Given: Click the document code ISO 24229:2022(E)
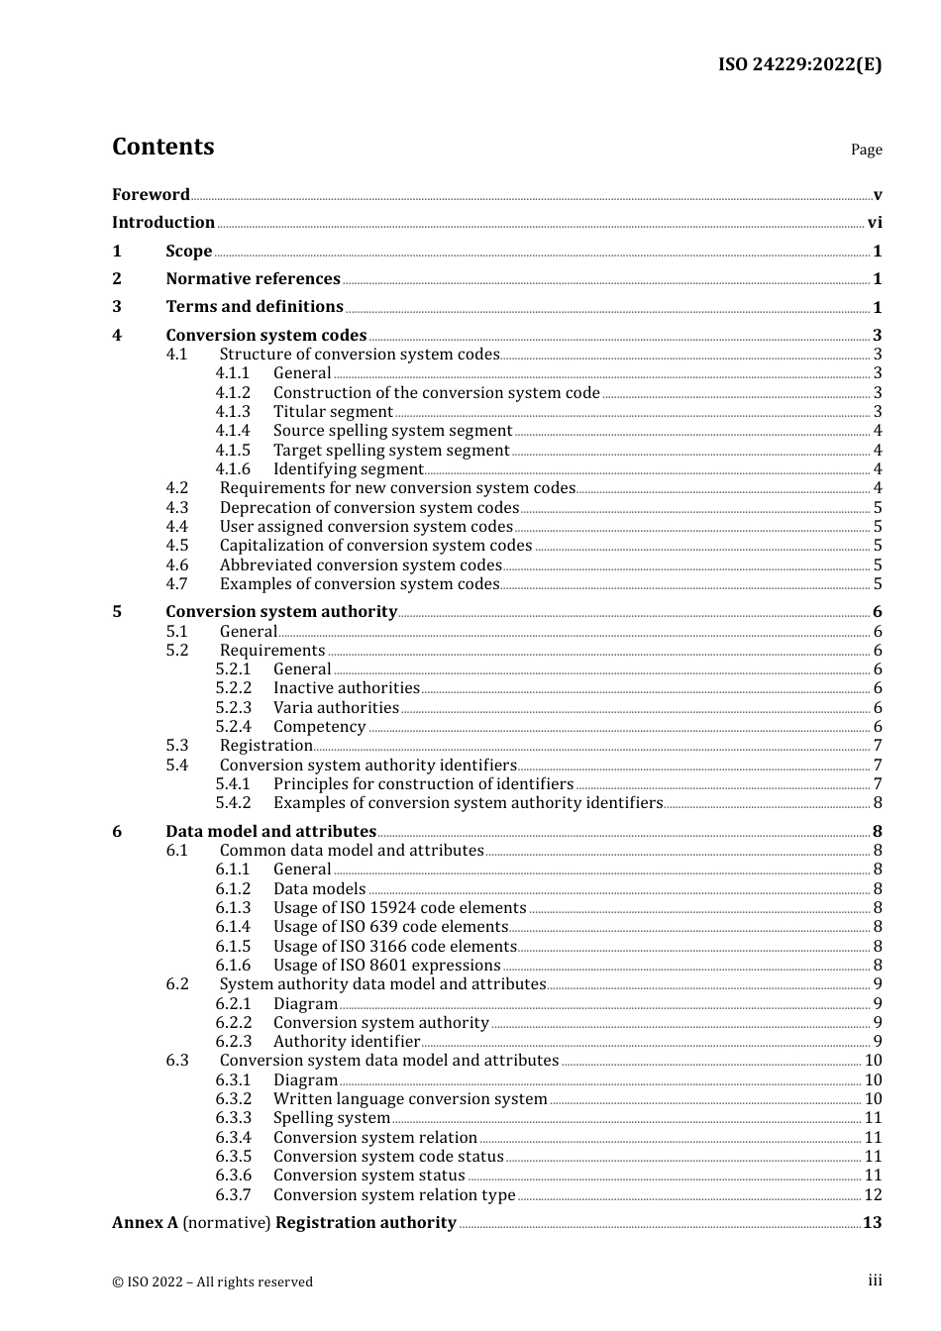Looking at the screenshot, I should coord(799,64).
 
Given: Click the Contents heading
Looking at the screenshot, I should coord(162,147).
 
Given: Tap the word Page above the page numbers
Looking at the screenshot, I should coord(866,150).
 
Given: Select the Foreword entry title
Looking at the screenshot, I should coord(151,194).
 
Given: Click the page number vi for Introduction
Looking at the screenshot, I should coord(875,223).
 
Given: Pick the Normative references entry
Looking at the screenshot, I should coord(253,279).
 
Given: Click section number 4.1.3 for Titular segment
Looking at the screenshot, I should coord(233,412).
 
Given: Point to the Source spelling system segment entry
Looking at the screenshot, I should coord(392,431).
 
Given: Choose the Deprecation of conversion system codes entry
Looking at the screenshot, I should coord(368,508).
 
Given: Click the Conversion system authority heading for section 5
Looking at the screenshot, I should coord(281,612).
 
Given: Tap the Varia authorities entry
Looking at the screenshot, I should coord(336,708).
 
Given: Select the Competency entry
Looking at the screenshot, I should coord(319,727).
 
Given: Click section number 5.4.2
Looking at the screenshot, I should coord(233,803).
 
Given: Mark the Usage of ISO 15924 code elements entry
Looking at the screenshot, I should coord(399,908).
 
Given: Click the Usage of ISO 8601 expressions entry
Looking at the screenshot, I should coord(386,966).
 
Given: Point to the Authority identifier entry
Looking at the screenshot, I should coord(347,1042).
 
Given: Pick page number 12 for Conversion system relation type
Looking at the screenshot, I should coord(873,1195).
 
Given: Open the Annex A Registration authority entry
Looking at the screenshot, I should coord(284,1223).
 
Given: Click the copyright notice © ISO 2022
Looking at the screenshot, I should coord(212,1281).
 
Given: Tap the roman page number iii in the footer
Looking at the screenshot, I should coord(875,1280).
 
